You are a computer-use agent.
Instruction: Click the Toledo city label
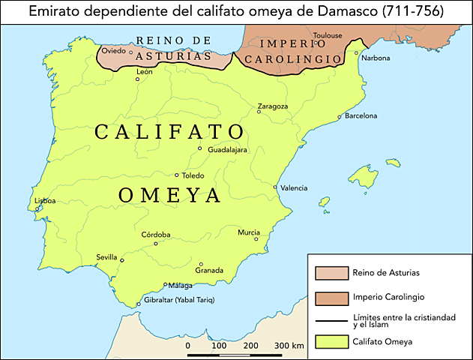click(193, 175)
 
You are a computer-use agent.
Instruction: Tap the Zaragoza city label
click(272, 106)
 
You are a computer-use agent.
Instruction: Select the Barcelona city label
click(361, 116)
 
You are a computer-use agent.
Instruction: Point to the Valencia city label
click(293, 187)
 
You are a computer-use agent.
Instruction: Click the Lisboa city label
click(46, 201)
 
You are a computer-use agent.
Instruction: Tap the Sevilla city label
click(107, 257)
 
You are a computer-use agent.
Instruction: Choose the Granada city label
click(209, 270)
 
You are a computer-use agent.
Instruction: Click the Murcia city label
click(249, 232)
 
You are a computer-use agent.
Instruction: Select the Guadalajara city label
click(227, 149)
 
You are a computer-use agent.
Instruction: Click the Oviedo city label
click(114, 51)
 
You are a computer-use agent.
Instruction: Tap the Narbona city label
click(376, 58)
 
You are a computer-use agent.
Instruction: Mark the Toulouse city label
click(328, 35)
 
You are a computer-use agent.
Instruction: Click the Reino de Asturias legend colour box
click(329, 272)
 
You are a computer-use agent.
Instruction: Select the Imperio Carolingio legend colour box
click(329, 295)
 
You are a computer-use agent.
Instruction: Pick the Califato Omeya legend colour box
click(329, 342)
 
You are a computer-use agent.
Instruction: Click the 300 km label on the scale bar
click(288, 346)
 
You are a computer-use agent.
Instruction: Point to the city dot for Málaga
click(166, 285)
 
